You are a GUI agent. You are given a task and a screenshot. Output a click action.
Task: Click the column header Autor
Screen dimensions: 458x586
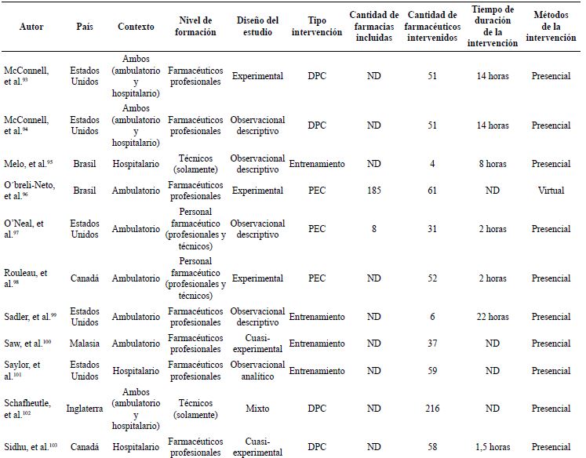pos(31,27)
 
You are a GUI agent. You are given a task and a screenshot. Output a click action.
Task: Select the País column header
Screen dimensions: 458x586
pos(85,27)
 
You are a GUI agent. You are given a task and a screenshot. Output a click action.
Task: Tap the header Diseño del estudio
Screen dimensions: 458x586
pos(257,27)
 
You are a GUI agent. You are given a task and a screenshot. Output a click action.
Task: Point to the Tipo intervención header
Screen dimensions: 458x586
pos(316,27)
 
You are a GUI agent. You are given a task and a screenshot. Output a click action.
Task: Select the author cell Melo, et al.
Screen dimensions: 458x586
pos(29,164)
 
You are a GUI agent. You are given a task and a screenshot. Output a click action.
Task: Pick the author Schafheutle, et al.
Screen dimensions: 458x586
pos(30,408)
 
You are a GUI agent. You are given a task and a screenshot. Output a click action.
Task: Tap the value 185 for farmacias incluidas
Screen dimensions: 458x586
pos(374,191)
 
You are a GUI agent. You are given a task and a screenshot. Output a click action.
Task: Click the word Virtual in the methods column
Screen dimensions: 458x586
pos(551,191)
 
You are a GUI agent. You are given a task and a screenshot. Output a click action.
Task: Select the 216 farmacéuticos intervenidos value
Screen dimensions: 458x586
pos(432,409)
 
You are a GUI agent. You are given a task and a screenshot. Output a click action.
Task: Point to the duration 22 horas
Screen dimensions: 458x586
pos(492,317)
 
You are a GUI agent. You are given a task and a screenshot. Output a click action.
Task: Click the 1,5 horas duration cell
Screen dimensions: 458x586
pos(492,447)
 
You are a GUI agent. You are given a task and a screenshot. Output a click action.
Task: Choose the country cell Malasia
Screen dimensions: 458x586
pos(85,343)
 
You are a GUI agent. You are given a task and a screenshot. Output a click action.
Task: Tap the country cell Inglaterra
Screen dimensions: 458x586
pos(85,409)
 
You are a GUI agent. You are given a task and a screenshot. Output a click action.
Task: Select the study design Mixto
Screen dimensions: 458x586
pos(257,409)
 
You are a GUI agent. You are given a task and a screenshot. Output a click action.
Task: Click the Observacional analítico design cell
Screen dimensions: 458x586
pos(257,370)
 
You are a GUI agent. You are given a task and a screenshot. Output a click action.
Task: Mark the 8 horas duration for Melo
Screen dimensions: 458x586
pos(492,164)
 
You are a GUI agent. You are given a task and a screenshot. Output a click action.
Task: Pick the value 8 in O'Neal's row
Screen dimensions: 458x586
pos(374,229)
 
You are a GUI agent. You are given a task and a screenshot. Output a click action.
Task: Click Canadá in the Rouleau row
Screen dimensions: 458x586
pos(85,278)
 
